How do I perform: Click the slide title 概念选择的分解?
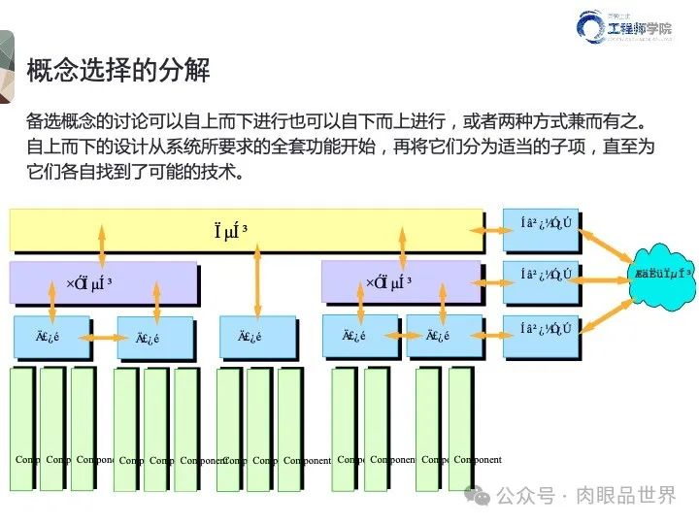pos(117,70)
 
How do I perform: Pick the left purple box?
pos(101,282)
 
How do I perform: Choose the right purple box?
pos(400,282)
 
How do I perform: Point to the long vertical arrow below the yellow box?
pos(257,279)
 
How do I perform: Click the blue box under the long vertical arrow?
pos(257,337)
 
